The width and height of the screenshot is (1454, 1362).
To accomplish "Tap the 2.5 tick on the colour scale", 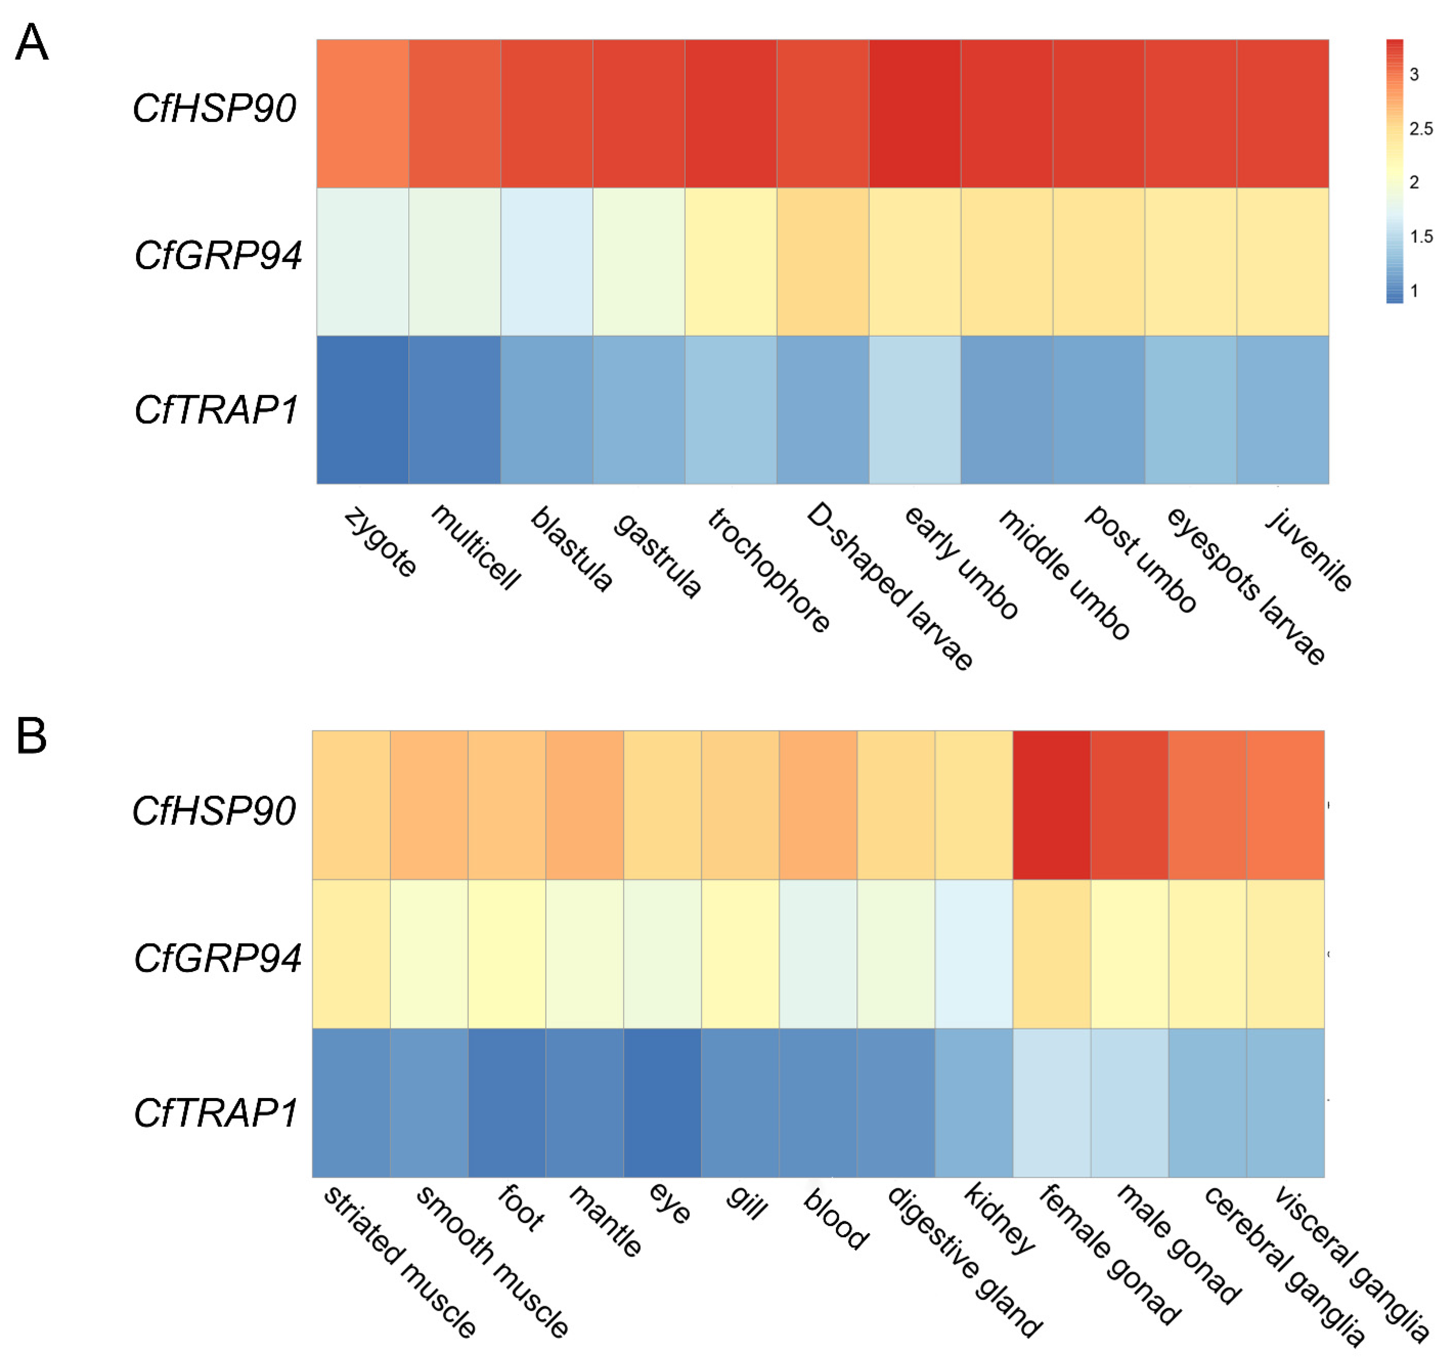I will pyautogui.click(x=1420, y=129).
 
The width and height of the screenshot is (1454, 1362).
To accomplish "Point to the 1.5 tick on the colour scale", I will pyautogui.click(x=1420, y=236).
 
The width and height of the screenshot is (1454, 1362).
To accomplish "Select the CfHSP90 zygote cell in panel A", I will pyautogui.click(x=362, y=113).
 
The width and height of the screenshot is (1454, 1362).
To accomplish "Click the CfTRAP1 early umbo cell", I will pyautogui.click(x=914, y=410).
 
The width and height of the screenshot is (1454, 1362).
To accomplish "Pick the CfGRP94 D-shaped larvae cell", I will pyautogui.click(x=822, y=261).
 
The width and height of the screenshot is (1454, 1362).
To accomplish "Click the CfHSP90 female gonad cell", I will pyautogui.click(x=1051, y=805).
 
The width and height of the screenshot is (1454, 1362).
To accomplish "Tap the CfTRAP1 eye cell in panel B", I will pyautogui.click(x=662, y=1102).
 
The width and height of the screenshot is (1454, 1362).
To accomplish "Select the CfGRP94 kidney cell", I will pyautogui.click(x=973, y=954).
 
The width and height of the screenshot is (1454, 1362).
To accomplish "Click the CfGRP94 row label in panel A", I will pyautogui.click(x=217, y=255).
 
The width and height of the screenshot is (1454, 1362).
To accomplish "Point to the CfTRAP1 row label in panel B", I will pyautogui.click(x=216, y=1113).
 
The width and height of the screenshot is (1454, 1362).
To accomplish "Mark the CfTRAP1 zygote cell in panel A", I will pyautogui.click(x=362, y=410).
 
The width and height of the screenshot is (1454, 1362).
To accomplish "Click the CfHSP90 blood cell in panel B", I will pyautogui.click(x=818, y=805).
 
